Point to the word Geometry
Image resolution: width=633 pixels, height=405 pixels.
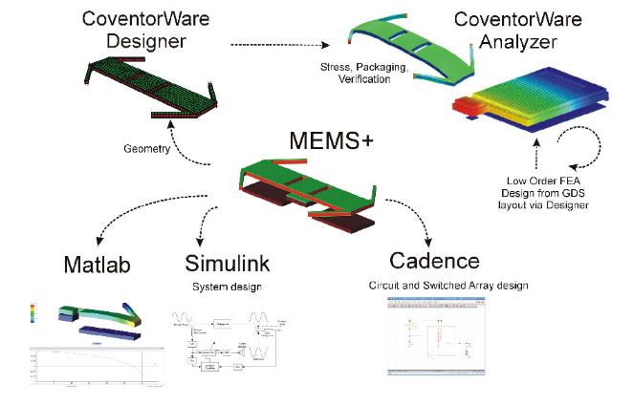point(147,150)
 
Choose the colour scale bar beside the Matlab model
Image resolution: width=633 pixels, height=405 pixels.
point(33,316)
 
